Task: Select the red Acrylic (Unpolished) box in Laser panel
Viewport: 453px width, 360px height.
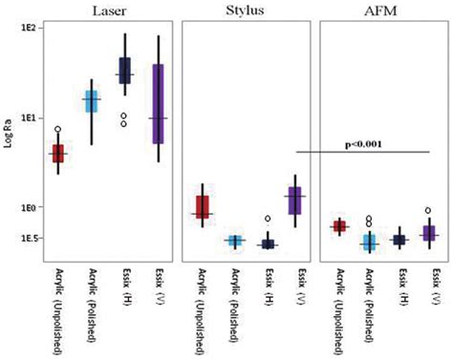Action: coord(58,153)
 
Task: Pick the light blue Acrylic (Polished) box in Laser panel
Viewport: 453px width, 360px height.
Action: coord(91,101)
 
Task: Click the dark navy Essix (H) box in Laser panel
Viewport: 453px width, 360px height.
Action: coord(124,71)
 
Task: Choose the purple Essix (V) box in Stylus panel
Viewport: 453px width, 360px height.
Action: coord(295,201)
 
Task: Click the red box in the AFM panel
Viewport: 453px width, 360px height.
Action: coord(338,226)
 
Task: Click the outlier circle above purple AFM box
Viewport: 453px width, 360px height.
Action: coord(428,210)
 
